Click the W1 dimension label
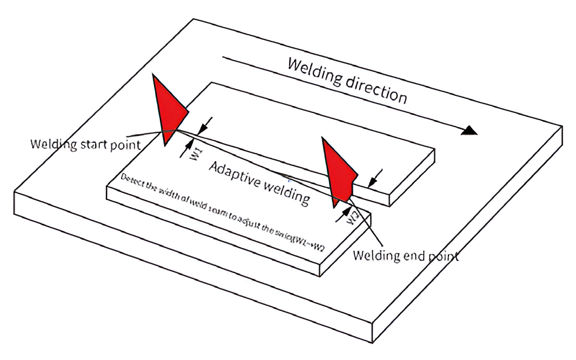(x=197, y=155)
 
